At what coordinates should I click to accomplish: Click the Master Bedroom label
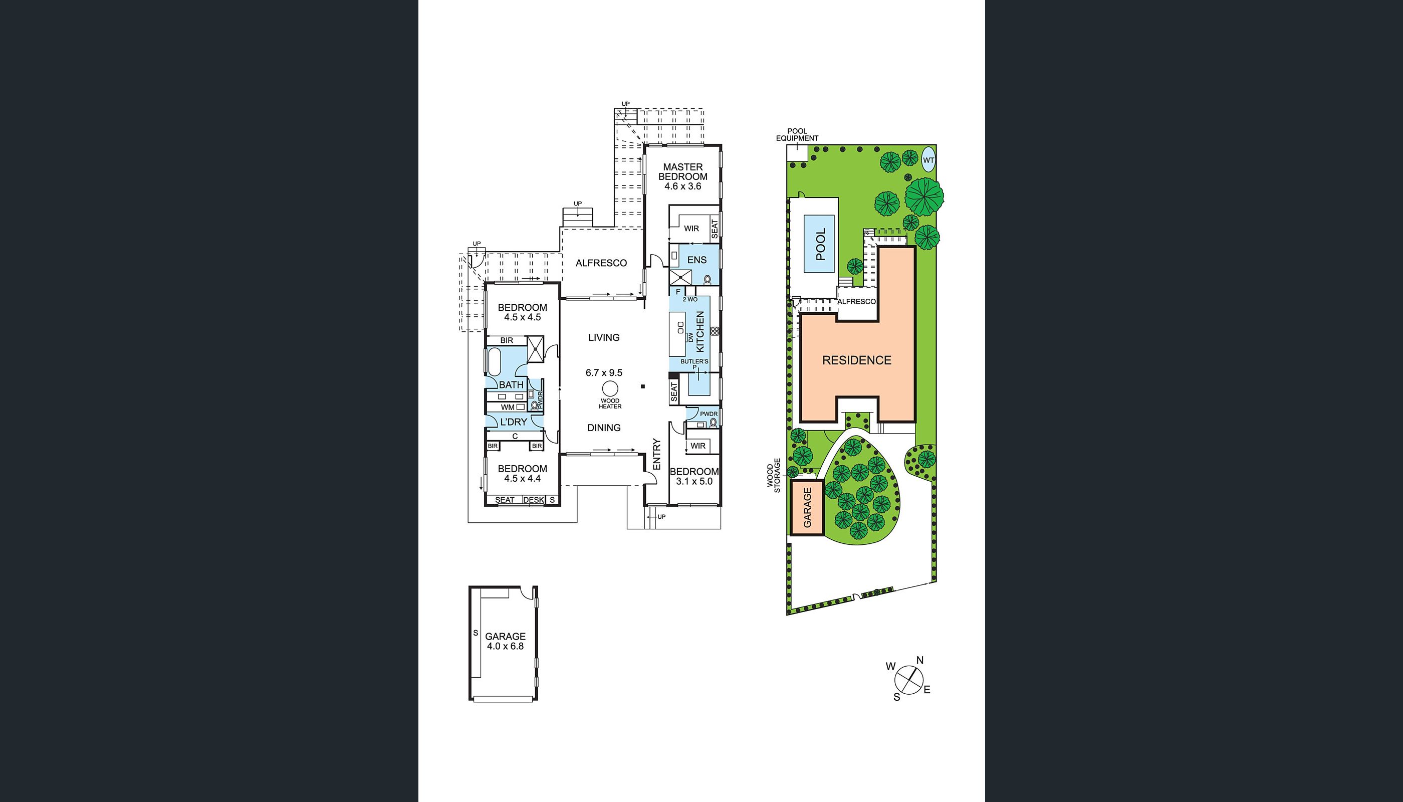coord(683,171)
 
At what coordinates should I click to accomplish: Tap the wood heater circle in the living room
coord(609,388)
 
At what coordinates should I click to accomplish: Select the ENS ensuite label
coord(696,260)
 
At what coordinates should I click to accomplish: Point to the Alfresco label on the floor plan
coord(601,263)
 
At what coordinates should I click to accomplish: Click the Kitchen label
coord(700,332)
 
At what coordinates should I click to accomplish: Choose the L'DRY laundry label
coord(513,422)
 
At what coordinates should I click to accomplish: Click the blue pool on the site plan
coord(819,244)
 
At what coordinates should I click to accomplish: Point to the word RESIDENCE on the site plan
coord(857,360)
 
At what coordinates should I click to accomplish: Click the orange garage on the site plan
coord(807,507)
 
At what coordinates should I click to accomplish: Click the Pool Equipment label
coord(797,135)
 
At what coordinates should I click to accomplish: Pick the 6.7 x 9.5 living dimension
coord(604,373)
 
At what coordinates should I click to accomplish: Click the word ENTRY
coord(656,455)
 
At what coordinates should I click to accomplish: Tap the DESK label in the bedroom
coord(533,500)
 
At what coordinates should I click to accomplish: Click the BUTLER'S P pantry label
coord(694,364)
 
